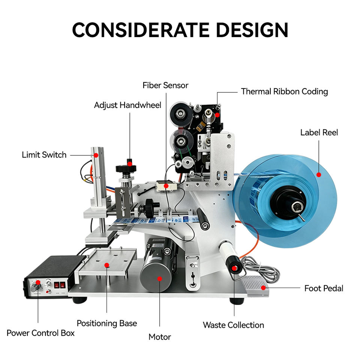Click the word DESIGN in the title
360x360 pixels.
click(252, 30)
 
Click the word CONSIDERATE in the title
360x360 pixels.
click(141, 30)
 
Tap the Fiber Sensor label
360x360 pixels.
click(165, 85)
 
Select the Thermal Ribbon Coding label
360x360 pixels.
click(284, 91)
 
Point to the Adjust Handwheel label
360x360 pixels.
click(127, 105)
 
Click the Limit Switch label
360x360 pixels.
click(44, 155)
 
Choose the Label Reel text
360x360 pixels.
click(319, 132)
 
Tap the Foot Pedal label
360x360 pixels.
click(324, 288)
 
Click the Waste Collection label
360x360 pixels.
click(234, 325)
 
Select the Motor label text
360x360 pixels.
click(160, 337)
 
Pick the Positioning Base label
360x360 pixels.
click(107, 323)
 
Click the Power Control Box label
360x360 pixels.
click(40, 333)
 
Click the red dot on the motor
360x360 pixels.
click(160, 279)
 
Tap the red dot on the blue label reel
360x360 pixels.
click(319, 175)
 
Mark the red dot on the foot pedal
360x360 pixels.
click(263, 288)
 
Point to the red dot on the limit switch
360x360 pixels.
click(96, 155)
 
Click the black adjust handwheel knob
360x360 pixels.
click(126, 168)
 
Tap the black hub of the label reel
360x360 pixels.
click(288, 202)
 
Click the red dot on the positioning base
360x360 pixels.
click(107, 265)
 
